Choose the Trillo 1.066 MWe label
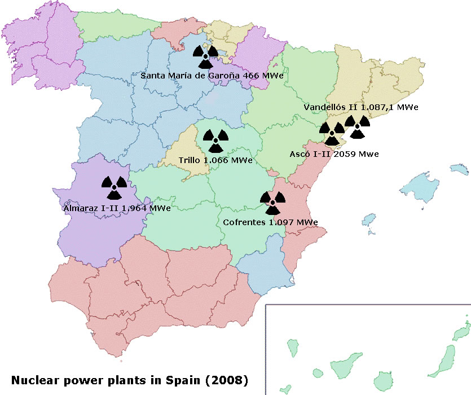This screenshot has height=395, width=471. (x=215, y=160)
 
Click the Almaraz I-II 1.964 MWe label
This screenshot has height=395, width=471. (x=117, y=208)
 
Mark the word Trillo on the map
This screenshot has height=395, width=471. (x=190, y=160)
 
